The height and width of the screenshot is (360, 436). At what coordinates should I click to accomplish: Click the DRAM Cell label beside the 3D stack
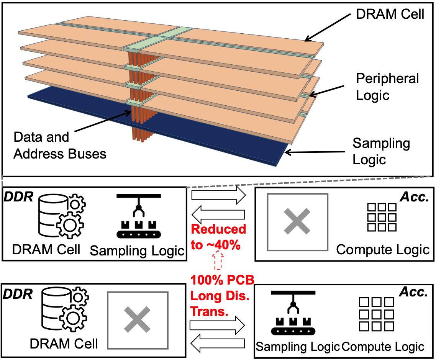pyautogui.click(x=390, y=14)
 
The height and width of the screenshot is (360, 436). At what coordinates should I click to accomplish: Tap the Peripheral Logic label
pyautogui.click(x=387, y=87)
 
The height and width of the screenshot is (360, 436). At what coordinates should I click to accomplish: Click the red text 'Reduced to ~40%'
pyautogui.click(x=218, y=237)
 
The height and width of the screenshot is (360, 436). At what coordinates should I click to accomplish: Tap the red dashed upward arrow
pyautogui.click(x=218, y=262)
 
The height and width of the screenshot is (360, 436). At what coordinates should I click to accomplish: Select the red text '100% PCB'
pyautogui.click(x=223, y=280)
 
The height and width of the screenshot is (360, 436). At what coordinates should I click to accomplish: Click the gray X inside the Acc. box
pyautogui.click(x=298, y=222)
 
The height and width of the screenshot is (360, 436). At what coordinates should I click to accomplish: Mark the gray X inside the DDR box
pyautogui.click(x=138, y=321)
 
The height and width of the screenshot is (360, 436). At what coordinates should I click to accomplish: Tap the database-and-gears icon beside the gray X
pyautogui.click(x=61, y=310)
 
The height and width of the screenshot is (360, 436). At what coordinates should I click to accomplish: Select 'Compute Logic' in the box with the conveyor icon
pyautogui.click(x=383, y=347)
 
